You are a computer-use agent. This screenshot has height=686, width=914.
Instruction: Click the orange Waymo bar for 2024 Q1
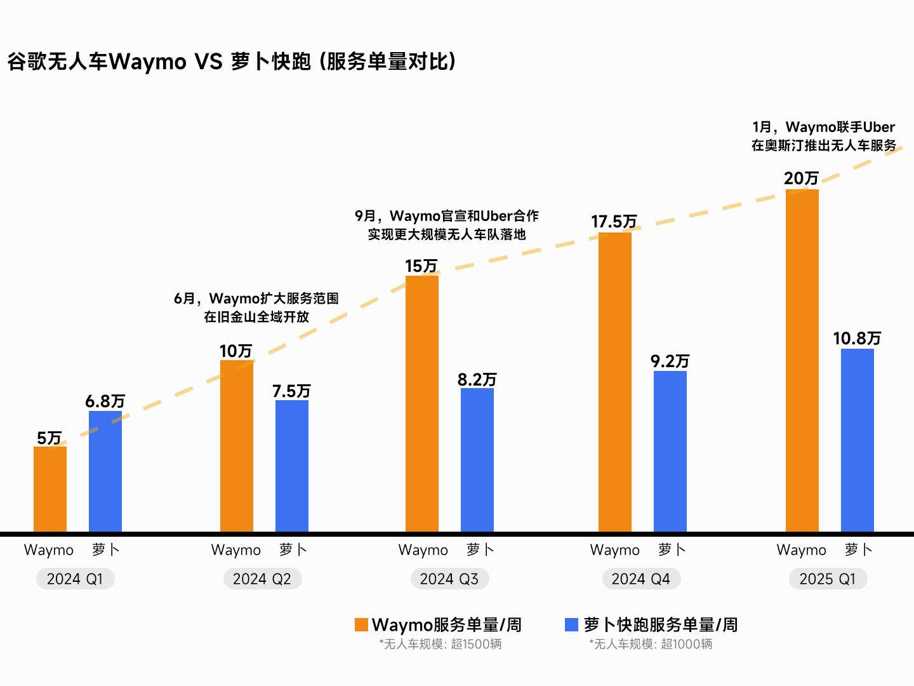[x=50, y=489]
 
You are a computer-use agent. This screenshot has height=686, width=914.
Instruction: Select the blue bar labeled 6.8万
[x=105, y=471]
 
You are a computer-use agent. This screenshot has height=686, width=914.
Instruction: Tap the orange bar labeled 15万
[x=422, y=404]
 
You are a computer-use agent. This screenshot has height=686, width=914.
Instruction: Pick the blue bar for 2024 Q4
[x=670, y=451]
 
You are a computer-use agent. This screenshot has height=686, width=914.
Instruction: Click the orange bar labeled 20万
[x=802, y=360]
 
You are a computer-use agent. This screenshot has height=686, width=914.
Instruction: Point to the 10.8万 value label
[x=857, y=338]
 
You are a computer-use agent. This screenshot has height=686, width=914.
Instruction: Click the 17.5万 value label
[x=614, y=222]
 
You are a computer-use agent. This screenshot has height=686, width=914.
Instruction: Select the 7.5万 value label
[x=291, y=391]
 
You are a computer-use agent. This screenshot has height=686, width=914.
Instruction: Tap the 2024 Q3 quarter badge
[x=449, y=579]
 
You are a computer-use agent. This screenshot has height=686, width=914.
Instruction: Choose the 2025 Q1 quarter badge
[x=828, y=579]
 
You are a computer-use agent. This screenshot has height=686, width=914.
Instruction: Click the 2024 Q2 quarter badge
[x=262, y=579]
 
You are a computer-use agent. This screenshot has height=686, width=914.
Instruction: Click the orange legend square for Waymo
[x=361, y=625]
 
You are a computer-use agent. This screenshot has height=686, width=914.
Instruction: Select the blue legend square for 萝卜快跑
[x=571, y=625]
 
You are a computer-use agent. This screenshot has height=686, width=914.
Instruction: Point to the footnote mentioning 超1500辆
[x=440, y=644]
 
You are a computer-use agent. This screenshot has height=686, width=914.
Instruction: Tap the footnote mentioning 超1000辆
[x=651, y=644]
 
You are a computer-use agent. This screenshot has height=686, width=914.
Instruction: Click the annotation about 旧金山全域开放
[x=256, y=307]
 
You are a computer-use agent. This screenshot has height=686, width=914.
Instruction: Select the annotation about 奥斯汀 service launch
[x=824, y=137]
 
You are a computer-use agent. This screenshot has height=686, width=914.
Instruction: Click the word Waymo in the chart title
[x=148, y=62]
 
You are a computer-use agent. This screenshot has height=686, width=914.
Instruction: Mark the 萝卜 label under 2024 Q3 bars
[x=480, y=549]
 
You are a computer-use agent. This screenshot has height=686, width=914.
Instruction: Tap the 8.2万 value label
[x=477, y=379]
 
